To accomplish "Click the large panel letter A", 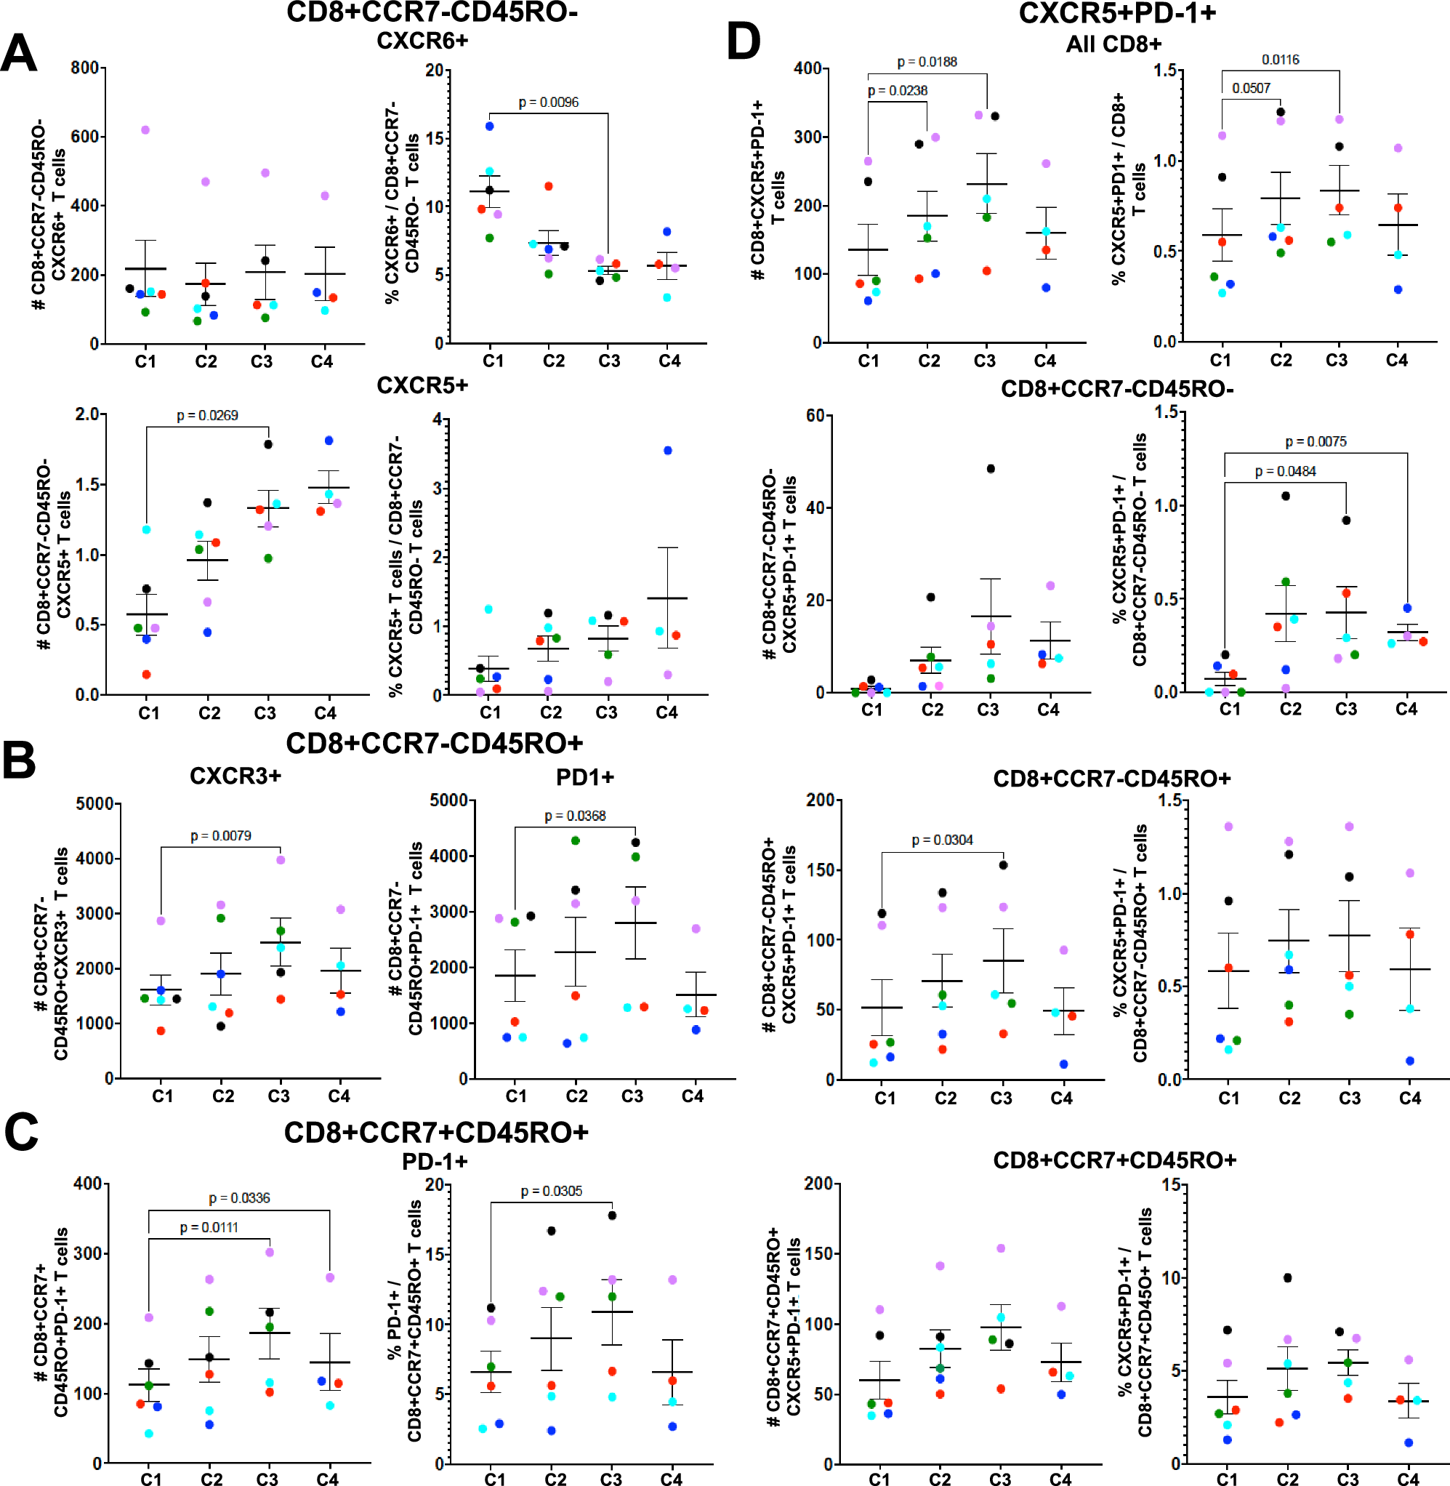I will click(18, 54).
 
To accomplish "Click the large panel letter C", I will click(21, 1132).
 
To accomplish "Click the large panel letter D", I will click(744, 41).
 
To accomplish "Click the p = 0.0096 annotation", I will click(548, 103).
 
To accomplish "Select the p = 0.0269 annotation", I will click(207, 416).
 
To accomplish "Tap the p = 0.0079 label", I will click(220, 836).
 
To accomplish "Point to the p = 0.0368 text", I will click(575, 816).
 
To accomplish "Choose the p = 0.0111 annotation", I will click(209, 1228).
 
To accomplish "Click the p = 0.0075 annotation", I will click(1316, 442).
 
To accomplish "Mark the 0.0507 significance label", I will click(1252, 89).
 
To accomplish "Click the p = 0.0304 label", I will click(942, 840).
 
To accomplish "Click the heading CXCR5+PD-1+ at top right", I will click(1117, 14).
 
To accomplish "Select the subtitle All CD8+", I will click(1113, 44).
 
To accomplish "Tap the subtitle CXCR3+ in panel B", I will click(235, 776).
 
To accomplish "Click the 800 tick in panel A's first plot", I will click(84, 68).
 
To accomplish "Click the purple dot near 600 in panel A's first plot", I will click(145, 130).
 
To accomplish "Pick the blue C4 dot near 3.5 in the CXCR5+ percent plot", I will click(668, 451).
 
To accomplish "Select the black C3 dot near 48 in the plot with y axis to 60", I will click(990, 469).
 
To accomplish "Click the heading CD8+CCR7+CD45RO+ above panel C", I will click(435, 1133).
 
